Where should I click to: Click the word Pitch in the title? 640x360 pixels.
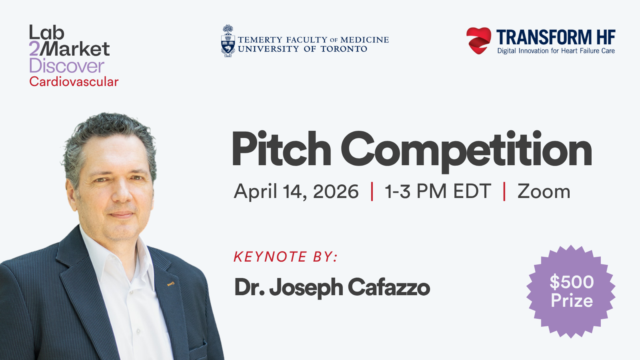(x=282, y=148)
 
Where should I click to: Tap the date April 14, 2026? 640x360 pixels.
(x=296, y=191)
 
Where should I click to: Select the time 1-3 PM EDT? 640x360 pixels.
(x=438, y=191)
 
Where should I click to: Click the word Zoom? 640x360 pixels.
(x=544, y=191)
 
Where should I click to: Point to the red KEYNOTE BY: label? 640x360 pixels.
(x=286, y=256)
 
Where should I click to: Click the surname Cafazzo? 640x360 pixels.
(x=389, y=287)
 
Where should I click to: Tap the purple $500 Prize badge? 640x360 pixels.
(x=571, y=292)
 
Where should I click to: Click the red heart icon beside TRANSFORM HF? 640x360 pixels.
(x=479, y=40)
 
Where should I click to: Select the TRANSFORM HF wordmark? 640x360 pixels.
(x=556, y=38)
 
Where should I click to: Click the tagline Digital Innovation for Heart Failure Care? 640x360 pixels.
(x=556, y=51)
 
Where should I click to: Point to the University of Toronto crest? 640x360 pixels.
(x=228, y=41)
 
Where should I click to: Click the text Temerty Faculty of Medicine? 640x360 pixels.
(x=313, y=40)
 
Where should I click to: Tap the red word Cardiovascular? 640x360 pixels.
(x=74, y=82)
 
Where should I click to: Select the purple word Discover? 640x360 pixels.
(x=66, y=66)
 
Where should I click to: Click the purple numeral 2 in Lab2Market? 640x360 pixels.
(x=34, y=49)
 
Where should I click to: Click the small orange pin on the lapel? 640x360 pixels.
(x=170, y=284)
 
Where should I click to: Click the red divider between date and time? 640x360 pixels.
(x=372, y=191)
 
